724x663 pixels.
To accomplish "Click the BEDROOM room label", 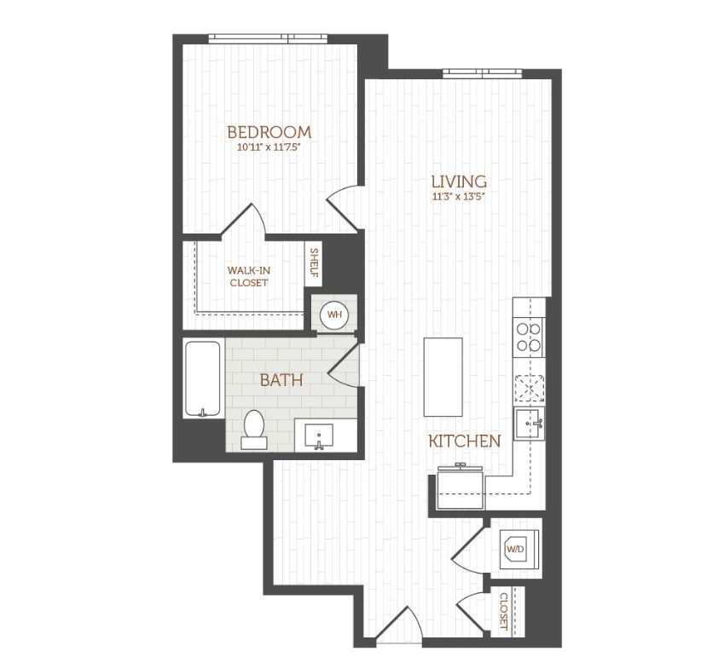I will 268,132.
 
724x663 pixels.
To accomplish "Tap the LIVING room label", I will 458,182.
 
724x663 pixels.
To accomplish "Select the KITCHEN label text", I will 463,441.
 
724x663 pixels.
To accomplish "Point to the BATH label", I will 281,380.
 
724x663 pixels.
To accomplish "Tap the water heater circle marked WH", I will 333,314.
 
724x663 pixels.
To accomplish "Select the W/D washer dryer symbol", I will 516,549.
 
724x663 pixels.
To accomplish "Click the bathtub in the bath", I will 204,379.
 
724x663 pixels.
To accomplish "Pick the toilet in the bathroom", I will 254,429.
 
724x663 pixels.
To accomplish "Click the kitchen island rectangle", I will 443,375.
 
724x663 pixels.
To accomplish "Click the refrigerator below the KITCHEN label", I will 460,489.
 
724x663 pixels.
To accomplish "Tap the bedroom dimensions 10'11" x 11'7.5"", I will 268,147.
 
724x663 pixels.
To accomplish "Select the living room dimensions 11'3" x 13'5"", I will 458,196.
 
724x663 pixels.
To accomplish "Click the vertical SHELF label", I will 314,262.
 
